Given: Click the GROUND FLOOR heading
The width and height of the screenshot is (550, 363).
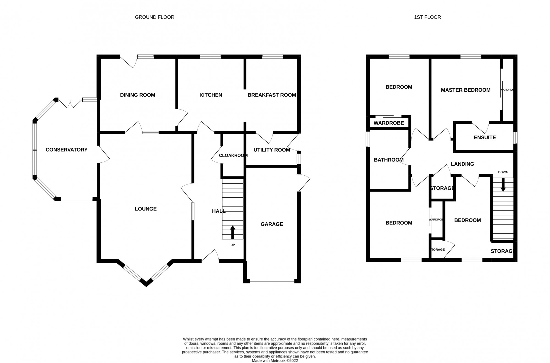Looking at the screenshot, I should [155, 17].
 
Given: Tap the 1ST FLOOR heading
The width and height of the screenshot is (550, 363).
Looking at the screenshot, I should [427, 17].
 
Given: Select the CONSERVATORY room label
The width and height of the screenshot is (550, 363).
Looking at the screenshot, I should [67, 150].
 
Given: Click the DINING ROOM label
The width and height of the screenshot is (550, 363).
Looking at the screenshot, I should [137, 95].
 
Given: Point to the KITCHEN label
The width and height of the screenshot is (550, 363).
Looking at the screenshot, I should [211, 95].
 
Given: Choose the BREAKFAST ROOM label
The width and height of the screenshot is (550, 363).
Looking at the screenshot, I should [272, 95].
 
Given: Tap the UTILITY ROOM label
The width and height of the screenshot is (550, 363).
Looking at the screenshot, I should [272, 150].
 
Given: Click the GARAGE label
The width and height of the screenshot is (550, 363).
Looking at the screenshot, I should [272, 224].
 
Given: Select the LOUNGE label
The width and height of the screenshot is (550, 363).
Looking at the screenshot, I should [145, 209].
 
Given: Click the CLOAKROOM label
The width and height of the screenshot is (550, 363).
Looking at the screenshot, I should [233, 155].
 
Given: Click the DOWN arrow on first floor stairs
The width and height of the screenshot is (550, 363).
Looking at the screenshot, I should [503, 185].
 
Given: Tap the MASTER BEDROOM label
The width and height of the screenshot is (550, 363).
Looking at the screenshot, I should [466, 90].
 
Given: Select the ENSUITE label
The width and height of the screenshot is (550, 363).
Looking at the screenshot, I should [485, 138].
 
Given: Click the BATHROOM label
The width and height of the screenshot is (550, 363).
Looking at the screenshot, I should [389, 160].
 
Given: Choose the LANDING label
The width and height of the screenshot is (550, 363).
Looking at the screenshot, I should [462, 164].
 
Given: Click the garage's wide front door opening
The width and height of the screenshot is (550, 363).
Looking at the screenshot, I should [272, 281].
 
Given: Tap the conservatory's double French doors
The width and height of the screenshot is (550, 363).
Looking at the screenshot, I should [70, 104].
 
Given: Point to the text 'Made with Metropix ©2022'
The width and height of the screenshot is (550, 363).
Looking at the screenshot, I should [275, 361].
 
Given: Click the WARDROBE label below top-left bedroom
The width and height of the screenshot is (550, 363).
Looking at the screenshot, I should [389, 123].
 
